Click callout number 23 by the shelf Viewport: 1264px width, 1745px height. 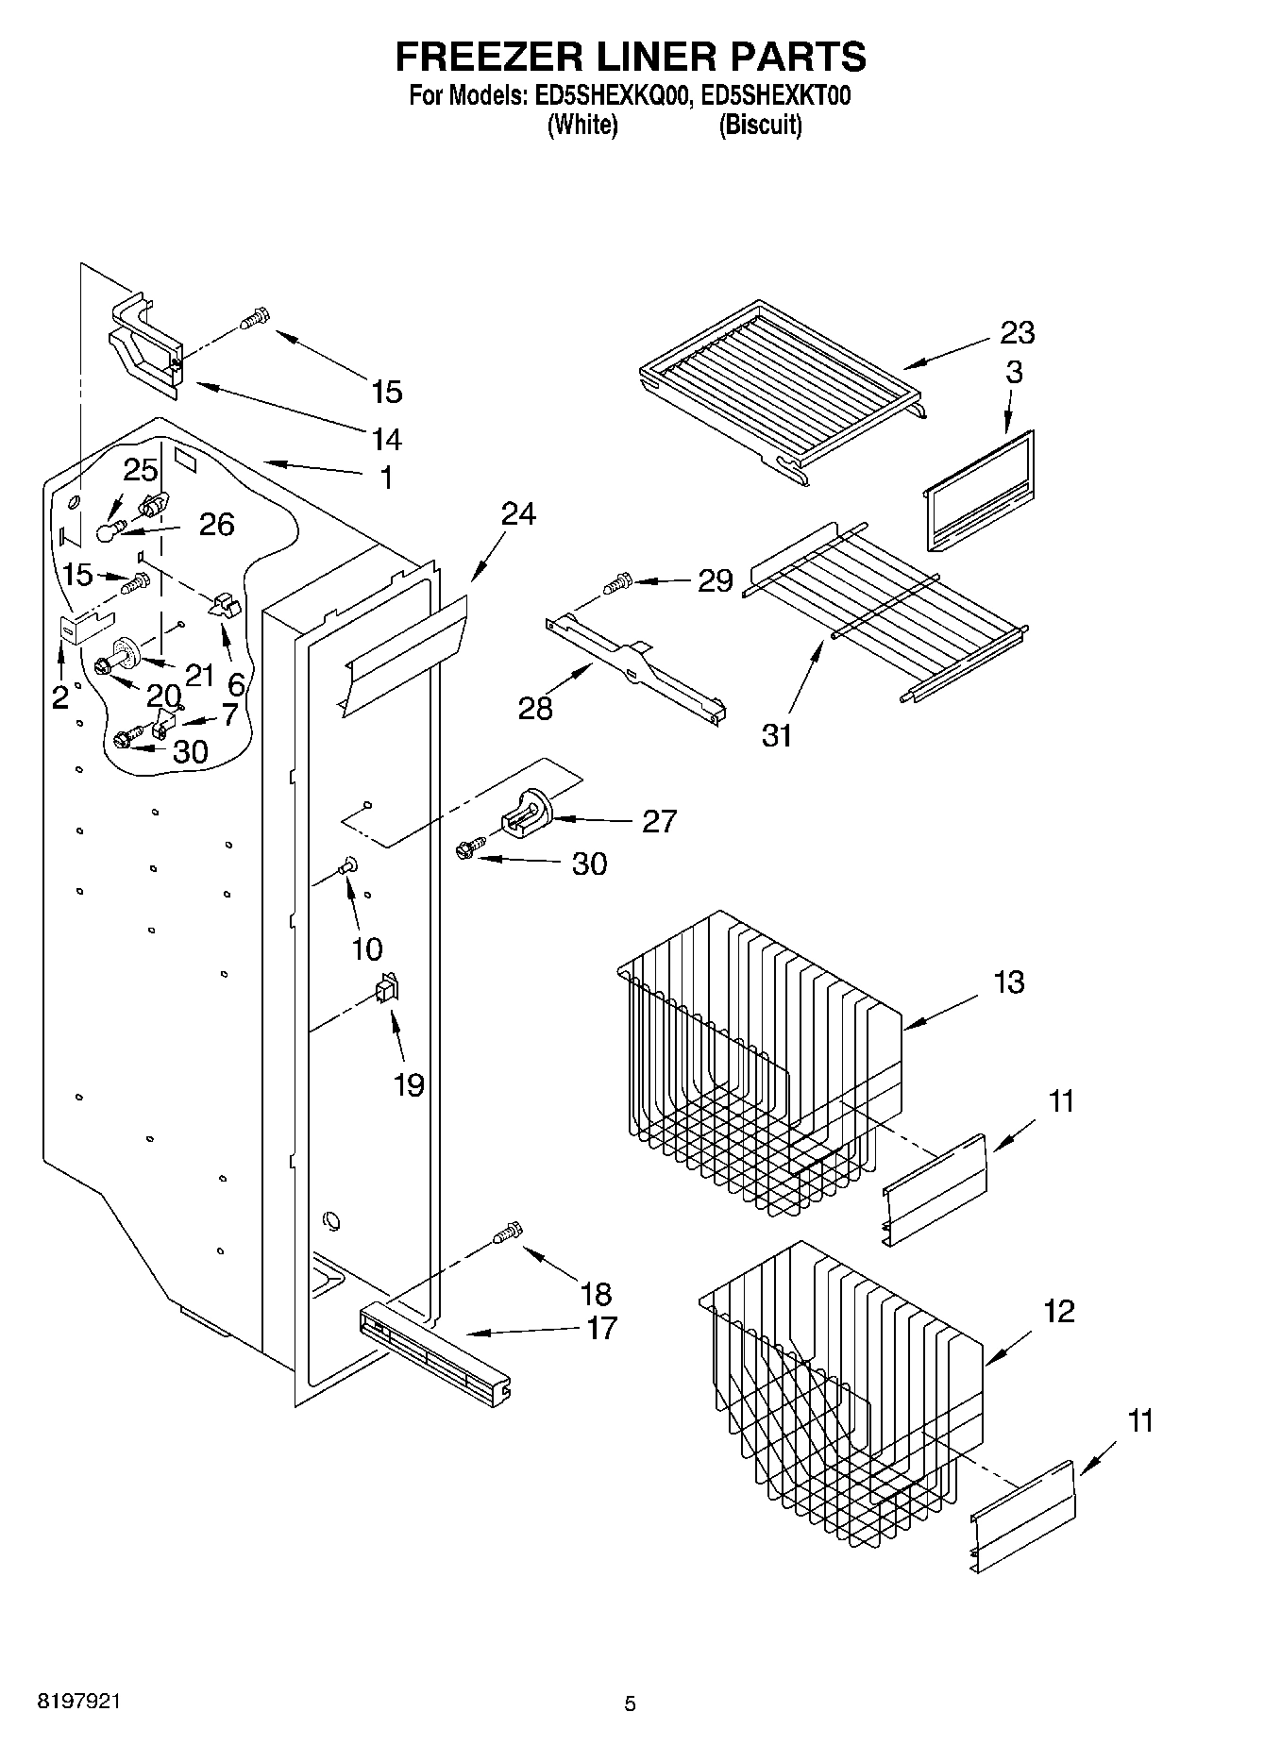tap(1018, 332)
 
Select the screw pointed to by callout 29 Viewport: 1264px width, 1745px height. tap(619, 584)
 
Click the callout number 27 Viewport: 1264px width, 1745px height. tap(659, 821)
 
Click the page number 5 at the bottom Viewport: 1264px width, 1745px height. tap(630, 1703)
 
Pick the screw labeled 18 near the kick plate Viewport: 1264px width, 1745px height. tap(508, 1233)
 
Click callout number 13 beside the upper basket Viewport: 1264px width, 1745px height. tap(1009, 982)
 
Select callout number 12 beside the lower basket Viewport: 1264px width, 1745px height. tap(1059, 1311)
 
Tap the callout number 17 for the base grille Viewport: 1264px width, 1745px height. tap(601, 1328)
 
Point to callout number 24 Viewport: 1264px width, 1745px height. tap(518, 513)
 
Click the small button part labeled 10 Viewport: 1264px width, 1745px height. tap(347, 864)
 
